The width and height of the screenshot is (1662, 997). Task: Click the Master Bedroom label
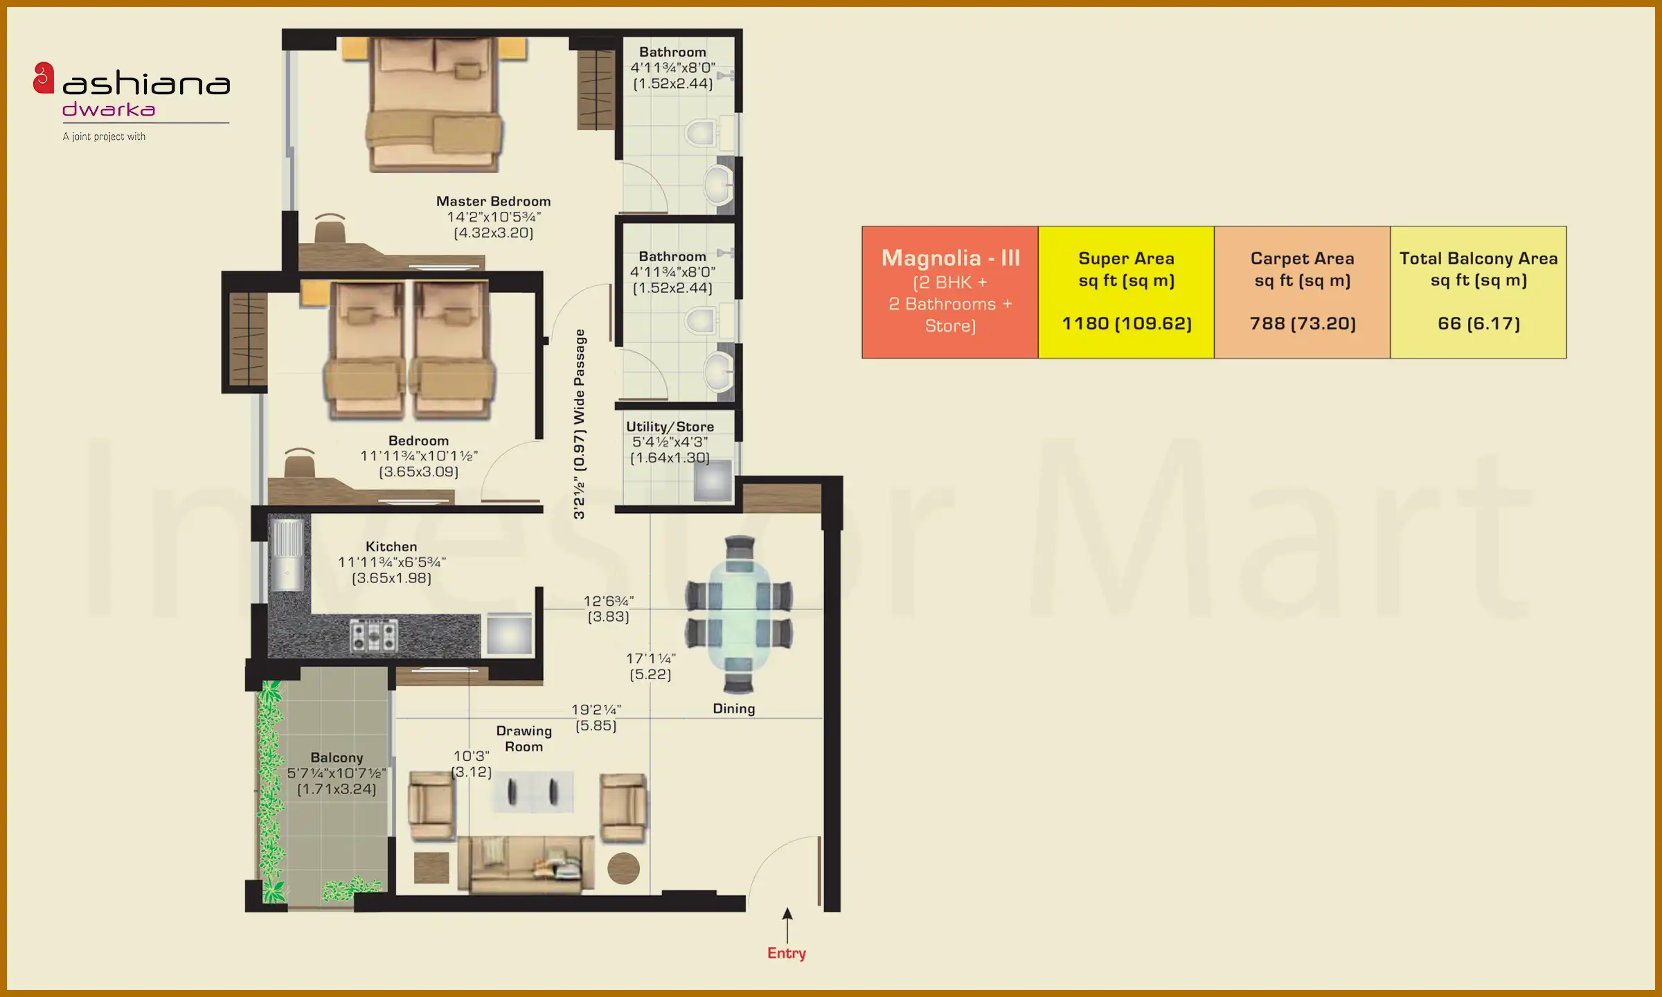493,201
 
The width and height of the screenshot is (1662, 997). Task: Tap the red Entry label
786,953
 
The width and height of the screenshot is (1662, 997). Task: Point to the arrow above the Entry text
787,924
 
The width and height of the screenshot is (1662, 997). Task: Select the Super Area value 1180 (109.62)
1126,323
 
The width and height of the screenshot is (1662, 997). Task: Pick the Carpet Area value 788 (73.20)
1302,323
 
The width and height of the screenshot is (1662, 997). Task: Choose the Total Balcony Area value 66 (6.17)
1478,323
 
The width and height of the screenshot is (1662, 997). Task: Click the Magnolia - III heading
950,258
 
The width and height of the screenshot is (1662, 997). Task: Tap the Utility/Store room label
670,427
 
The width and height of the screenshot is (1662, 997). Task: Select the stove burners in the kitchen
374,635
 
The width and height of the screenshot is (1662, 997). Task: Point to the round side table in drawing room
623,868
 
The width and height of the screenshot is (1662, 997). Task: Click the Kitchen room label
391,547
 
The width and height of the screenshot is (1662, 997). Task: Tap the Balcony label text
337,757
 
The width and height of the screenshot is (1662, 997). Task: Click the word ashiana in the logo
146,84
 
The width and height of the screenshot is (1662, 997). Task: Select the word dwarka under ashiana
109,109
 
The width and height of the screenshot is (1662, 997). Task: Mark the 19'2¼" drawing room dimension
596,710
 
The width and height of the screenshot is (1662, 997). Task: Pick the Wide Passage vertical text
579,424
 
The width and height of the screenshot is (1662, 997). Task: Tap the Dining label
733,708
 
